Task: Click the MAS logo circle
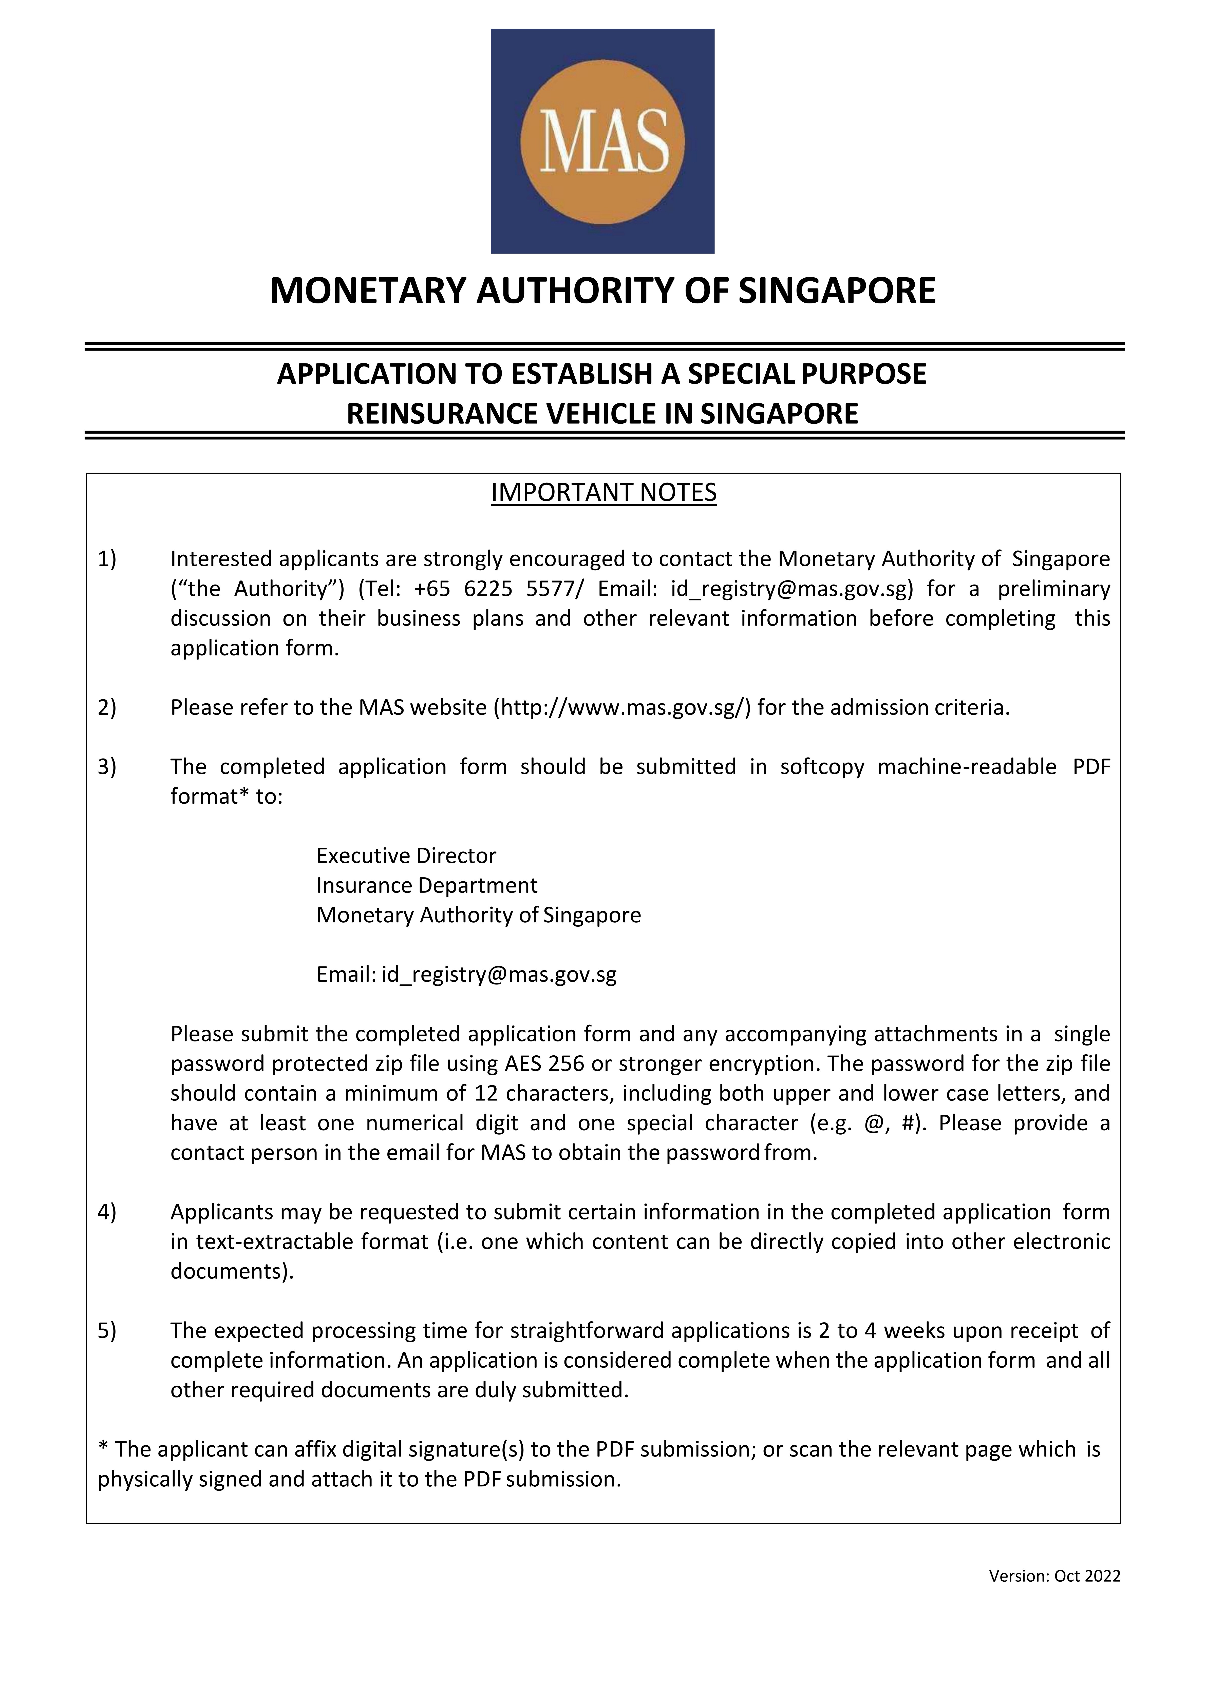(602, 141)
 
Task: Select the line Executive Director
(406, 856)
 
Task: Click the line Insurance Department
(427, 885)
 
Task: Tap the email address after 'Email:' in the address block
(499, 975)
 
